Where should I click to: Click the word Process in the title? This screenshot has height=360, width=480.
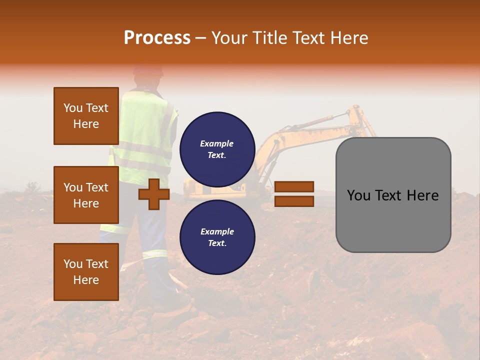pos(157,38)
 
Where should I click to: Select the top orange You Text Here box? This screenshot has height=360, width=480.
pos(86,116)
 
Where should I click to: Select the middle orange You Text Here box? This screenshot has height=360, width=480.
pos(86,195)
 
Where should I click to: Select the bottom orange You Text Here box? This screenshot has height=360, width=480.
pos(86,272)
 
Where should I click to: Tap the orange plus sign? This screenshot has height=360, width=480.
pos(154,194)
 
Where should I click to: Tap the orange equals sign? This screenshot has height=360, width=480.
pos(294,194)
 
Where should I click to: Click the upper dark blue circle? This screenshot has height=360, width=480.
pos(217,149)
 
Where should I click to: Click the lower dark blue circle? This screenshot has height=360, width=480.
pos(217,237)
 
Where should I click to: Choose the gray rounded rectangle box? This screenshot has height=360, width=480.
pos(393,195)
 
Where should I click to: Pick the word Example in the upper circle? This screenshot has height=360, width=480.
pos(217,143)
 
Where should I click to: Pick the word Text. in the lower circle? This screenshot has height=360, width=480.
pos(217,243)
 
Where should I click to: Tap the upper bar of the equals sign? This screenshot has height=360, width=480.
pos(294,187)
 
